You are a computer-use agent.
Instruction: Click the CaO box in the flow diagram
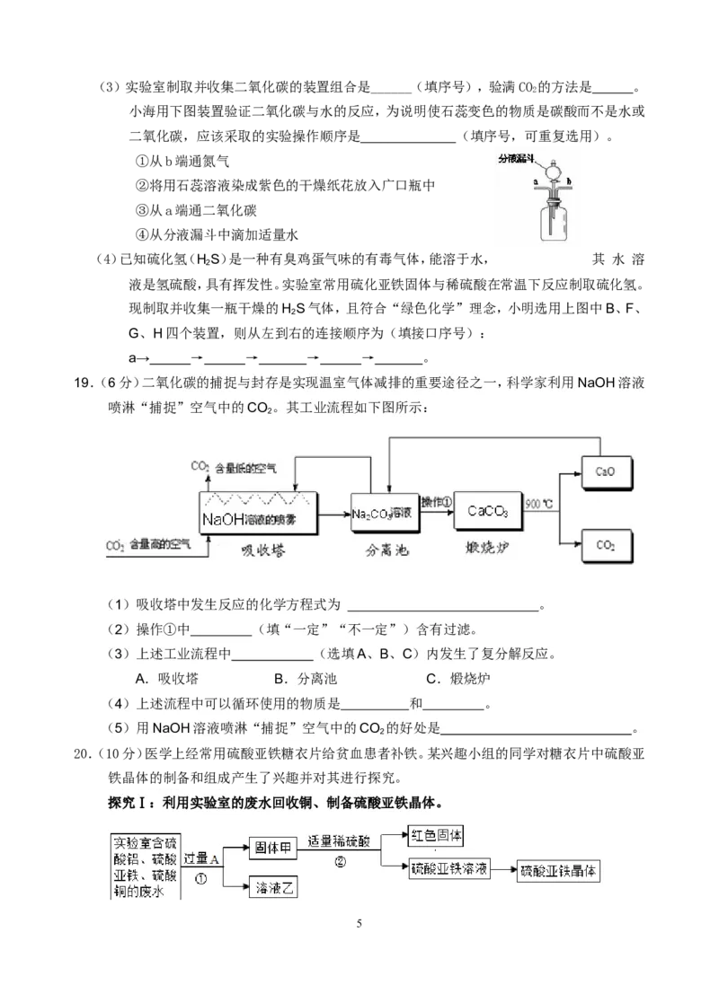[x=605, y=470]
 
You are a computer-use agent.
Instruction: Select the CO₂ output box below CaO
[x=605, y=544]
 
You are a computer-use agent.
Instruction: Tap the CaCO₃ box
[x=488, y=512]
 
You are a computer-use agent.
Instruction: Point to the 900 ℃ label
[x=539, y=503]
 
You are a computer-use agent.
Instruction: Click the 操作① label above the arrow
[x=437, y=501]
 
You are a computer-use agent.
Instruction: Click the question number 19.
[x=82, y=383]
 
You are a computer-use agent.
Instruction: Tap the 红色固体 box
[x=436, y=835]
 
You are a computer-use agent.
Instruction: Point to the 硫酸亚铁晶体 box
[x=559, y=870]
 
